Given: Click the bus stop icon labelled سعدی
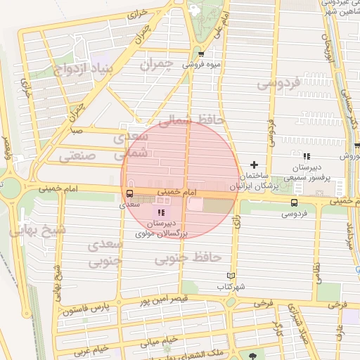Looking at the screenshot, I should click(129, 193).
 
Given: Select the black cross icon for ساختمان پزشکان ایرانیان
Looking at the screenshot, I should click(255, 165).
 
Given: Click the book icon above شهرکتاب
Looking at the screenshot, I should click(231, 276).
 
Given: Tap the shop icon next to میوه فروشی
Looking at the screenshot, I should click(202, 53).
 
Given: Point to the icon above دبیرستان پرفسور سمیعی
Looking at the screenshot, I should click(305, 156).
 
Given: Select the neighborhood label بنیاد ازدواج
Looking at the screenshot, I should click(77, 69).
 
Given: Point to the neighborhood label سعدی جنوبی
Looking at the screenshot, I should click(105, 252).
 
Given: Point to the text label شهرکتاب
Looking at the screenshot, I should click(231, 288).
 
